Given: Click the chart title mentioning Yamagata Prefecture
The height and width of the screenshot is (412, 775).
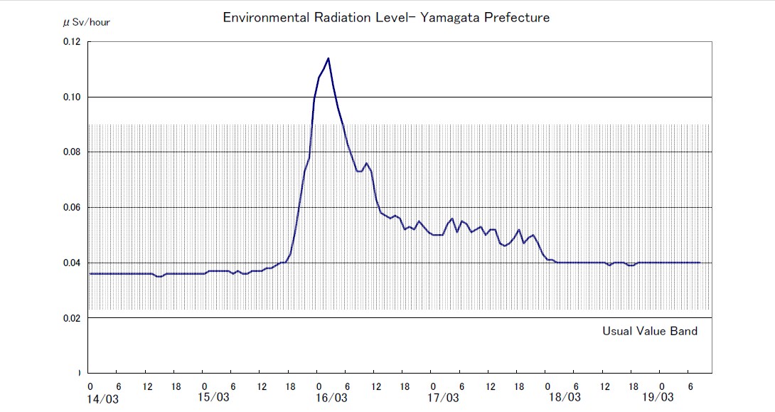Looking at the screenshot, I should pos(386,18).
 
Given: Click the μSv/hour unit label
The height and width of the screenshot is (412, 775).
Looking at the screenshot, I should pos(87,22).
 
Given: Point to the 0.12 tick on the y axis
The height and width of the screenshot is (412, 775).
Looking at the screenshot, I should pos(72,42).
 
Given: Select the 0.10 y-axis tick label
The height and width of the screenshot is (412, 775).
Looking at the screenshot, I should pos(72,97).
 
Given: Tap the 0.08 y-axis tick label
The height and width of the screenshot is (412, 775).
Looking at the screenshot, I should pos(72,152).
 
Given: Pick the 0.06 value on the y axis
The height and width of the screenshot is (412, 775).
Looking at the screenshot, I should pos(72,208).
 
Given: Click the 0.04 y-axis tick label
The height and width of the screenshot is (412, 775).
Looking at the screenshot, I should pos(72,263).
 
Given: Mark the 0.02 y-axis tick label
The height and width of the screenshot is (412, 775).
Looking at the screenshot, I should pos(72,318).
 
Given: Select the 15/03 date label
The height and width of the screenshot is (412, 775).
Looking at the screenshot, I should pos(214,397).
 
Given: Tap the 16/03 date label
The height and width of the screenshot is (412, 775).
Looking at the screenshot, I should pos(331,397).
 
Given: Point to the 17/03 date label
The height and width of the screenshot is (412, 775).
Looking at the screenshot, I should pos(444,397).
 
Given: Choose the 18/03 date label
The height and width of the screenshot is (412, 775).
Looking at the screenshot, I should pos(565,397).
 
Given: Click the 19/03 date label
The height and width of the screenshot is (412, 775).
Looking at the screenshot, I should pos(658,397).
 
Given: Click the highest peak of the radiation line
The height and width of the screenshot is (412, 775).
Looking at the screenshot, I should pos(328,58).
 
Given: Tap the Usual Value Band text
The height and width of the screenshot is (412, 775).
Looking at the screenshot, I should pos(650,331).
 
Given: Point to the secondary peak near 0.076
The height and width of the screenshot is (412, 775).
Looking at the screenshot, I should pos(366,164).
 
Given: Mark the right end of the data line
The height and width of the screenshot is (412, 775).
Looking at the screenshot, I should pos(700,263).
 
